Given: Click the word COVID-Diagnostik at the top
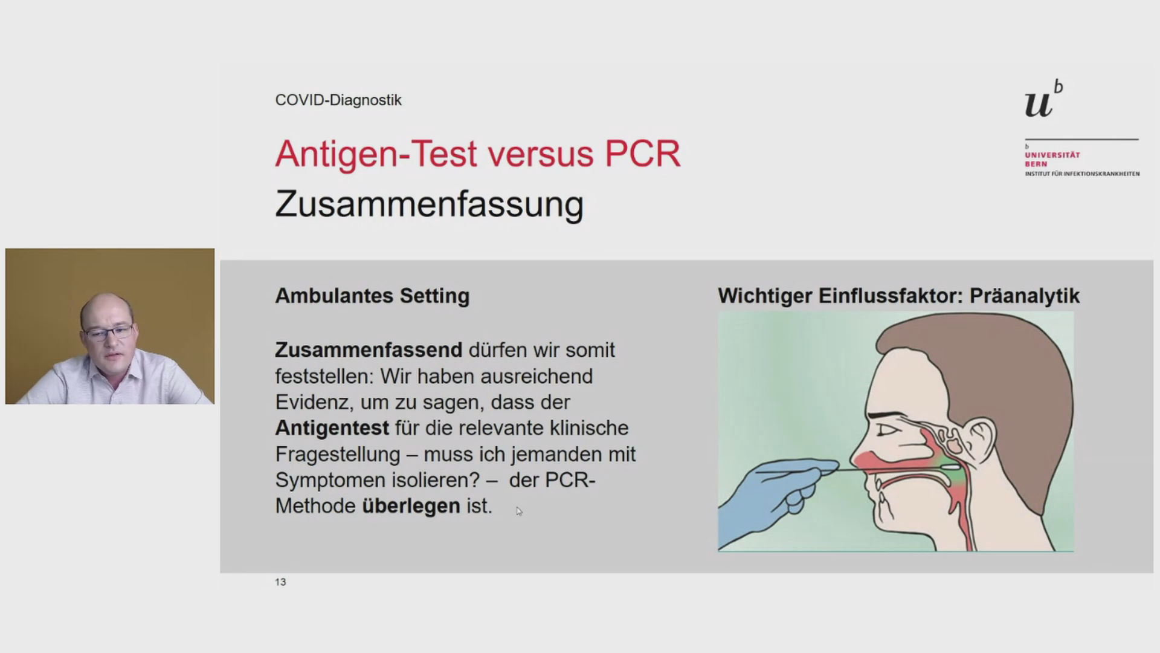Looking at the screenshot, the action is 338,100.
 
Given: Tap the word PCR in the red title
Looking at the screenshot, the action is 642,154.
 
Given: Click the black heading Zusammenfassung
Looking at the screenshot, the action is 430,204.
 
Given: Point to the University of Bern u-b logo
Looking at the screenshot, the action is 1043,99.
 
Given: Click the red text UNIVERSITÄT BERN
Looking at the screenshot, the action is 1052,159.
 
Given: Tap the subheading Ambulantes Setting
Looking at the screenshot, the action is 372,296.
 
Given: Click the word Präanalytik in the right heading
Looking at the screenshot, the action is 1025,296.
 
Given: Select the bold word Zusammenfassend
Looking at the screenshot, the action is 369,350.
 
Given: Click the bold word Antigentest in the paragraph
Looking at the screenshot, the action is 332,428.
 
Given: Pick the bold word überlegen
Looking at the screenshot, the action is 411,506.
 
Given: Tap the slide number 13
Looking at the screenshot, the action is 280,582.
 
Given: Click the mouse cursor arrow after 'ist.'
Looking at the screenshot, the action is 519,512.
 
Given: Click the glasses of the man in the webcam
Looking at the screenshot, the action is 108,332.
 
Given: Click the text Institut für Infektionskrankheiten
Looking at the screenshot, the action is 1082,174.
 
